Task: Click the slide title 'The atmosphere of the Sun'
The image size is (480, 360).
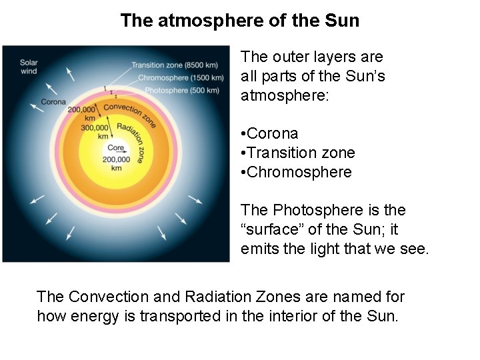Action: tap(239, 21)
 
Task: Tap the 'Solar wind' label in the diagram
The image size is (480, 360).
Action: tap(29, 67)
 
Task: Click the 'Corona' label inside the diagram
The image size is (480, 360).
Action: tap(53, 102)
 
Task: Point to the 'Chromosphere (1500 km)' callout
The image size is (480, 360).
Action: tap(179, 77)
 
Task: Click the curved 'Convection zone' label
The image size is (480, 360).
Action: tap(130, 114)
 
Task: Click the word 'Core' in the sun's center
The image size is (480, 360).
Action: tap(115, 148)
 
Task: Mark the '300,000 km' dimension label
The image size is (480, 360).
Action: tap(95, 131)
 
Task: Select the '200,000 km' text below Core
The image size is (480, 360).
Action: tap(116, 163)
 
